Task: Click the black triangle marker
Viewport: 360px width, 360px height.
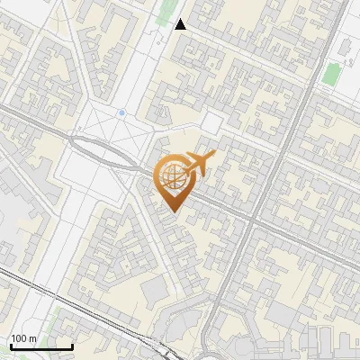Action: pos(181,24)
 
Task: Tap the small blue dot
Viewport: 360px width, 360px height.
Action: pos(121,113)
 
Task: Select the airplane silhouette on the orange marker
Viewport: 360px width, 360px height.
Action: pos(197,162)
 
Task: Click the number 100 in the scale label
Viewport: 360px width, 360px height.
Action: pos(19,338)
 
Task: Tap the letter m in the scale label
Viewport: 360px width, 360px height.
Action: pos(32,338)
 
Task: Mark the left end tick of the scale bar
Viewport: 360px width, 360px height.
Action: pos(12,346)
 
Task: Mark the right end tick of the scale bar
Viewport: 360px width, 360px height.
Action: pos(72,346)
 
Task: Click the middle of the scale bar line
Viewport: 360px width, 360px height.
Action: pos(41,347)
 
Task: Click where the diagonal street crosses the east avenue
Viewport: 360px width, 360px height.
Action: pos(256,216)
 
